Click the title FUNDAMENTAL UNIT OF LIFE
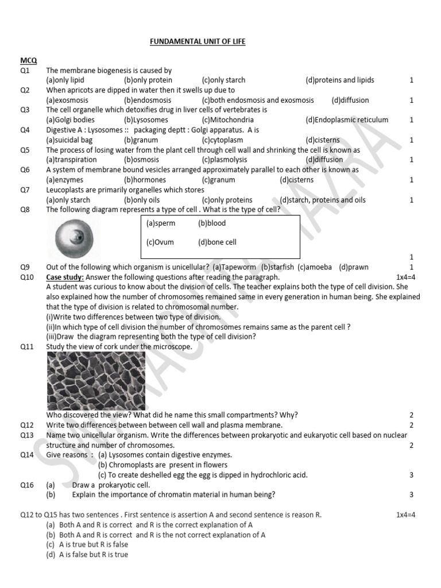198,42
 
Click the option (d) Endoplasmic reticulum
347,120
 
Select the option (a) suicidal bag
69,140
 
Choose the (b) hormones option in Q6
145,180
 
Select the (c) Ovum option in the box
160,242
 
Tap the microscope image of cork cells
96,381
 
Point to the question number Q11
27,347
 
